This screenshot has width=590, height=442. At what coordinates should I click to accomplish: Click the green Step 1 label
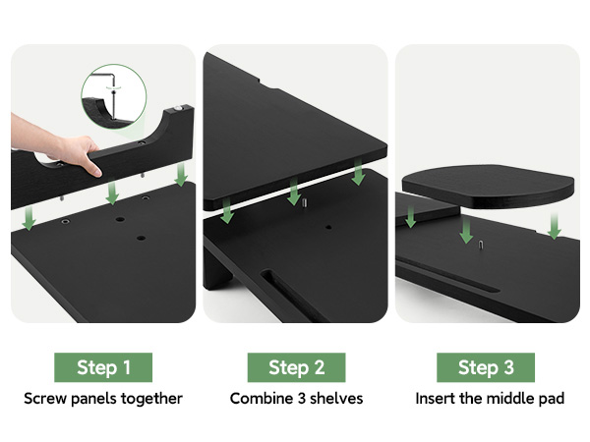pos(103,367)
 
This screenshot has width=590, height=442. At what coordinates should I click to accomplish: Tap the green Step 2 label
pos(296,367)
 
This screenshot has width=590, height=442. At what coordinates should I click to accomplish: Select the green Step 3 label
pos(486,367)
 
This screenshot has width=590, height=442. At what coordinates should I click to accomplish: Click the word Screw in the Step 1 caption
pos(46,399)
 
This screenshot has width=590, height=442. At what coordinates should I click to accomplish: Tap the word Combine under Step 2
pos(260,399)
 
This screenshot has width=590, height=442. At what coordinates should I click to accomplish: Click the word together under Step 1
pos(152,399)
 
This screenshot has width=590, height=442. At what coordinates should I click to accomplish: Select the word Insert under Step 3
pos(436,399)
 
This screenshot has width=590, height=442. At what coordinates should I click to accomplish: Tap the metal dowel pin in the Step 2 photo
pos(306,203)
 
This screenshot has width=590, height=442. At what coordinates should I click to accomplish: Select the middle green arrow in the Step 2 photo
pos(292,193)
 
